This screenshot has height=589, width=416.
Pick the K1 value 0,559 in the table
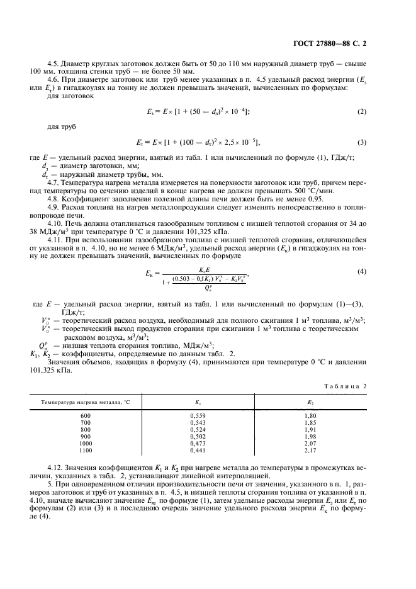(x=197, y=416)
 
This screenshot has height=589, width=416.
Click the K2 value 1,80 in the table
(x=310, y=416)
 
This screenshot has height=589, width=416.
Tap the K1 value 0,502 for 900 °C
(x=197, y=436)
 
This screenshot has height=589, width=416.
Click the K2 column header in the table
(x=310, y=401)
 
